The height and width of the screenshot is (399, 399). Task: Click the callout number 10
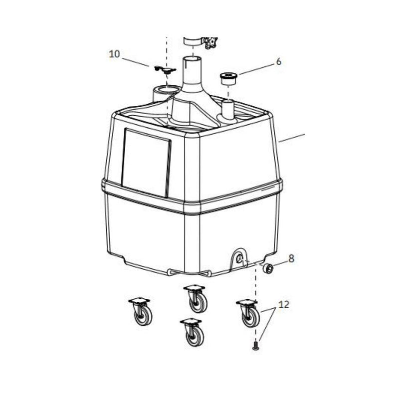[114, 54]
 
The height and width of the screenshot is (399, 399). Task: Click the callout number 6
[279, 61]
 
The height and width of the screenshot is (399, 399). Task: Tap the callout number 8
[291, 258]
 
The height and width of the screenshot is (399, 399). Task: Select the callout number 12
[284, 304]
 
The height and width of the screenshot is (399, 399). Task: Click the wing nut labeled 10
[165, 69]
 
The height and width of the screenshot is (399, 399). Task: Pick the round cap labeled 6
[228, 78]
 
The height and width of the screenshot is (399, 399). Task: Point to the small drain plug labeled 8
[268, 268]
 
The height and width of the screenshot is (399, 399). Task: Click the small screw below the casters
[256, 346]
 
